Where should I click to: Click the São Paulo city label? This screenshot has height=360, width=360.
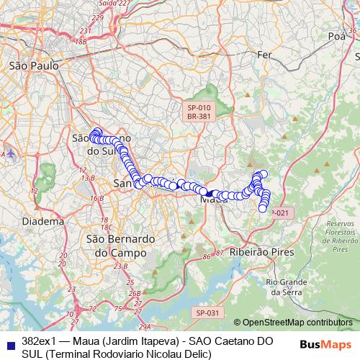33,66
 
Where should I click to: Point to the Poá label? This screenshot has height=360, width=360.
336,35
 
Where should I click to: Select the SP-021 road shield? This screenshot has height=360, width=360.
281,212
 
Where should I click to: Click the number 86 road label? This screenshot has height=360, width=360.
207,256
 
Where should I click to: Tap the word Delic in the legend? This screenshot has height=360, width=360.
194,354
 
